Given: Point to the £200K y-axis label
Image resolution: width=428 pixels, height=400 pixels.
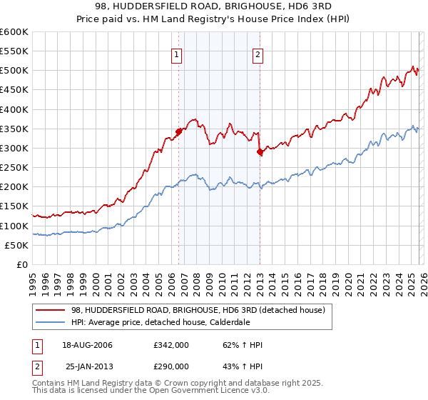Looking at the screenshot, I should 14,187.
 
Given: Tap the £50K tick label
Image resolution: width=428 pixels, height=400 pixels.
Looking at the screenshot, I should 17,245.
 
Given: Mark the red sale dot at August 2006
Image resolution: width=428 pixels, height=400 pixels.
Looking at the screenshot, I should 178,132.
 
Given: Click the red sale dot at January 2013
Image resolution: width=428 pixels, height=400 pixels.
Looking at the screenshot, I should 260,151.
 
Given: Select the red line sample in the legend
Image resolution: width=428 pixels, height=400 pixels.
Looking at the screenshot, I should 51,310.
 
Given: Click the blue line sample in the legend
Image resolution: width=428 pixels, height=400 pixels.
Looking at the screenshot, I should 51,322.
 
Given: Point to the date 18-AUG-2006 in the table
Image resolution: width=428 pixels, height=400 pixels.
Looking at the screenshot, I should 89,345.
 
